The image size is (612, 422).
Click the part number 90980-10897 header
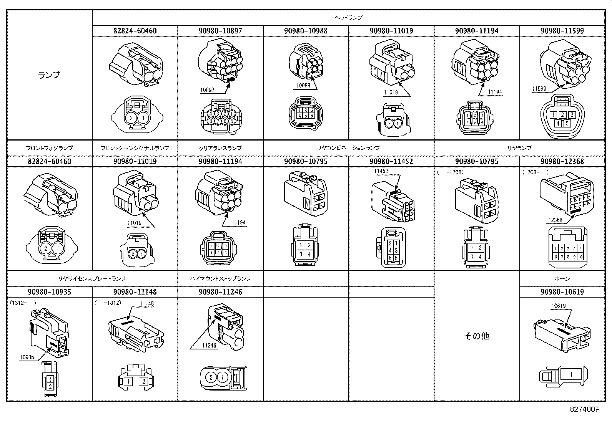[x=220, y=31]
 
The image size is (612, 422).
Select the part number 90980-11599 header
[x=562, y=31]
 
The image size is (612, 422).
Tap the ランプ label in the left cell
[x=50, y=75]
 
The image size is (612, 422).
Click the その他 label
[x=477, y=336]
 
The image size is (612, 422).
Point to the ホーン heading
[x=562, y=278]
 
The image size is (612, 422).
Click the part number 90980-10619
[x=562, y=292]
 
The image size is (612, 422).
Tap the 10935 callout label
[x=27, y=357]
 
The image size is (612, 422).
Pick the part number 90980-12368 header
[x=562, y=161]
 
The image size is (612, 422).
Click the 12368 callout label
[x=555, y=220]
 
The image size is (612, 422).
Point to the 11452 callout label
[x=381, y=172]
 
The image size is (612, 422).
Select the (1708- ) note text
[x=535, y=172]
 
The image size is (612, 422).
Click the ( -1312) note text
[x=108, y=303]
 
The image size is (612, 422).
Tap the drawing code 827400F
[x=584, y=409]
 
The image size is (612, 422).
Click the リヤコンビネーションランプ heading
[x=348, y=148]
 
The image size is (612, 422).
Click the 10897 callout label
[x=207, y=91]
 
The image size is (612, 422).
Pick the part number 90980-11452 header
[x=391, y=161]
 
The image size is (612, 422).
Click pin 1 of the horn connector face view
[x=571, y=374]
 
